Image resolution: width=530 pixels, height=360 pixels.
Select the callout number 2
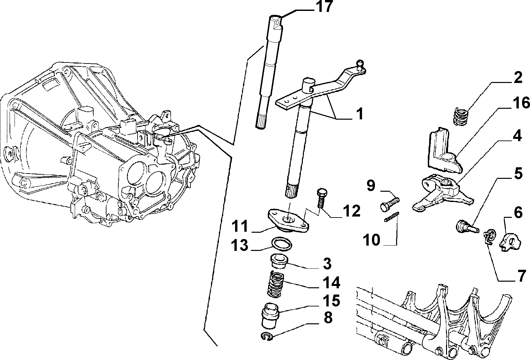tap(518, 78)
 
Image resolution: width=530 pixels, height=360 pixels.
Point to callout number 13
tap(240, 245)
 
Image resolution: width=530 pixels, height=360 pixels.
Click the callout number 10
tap(372, 240)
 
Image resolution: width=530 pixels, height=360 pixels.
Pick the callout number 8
tap(327, 318)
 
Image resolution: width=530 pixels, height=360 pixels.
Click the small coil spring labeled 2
tap(461, 116)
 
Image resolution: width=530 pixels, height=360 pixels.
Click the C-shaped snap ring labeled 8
tap(267, 336)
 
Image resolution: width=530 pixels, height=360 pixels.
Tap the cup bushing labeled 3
tap(279, 261)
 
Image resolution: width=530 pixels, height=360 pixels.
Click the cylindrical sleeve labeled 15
tap(270, 315)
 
